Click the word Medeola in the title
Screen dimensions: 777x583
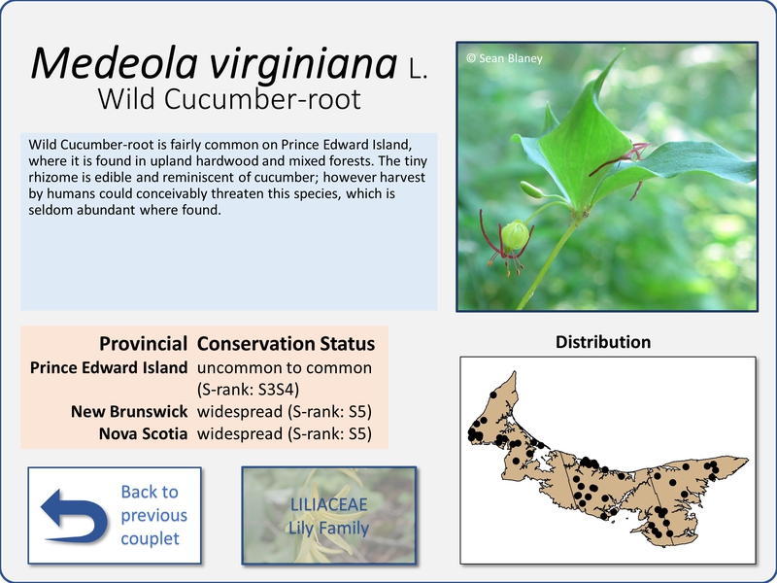click(115, 63)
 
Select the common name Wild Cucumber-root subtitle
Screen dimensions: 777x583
click(229, 99)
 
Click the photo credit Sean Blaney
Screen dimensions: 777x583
click(504, 58)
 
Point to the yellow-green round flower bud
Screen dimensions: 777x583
click(515, 235)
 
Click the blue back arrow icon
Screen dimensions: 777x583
click(75, 516)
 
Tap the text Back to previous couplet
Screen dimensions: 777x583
click(154, 515)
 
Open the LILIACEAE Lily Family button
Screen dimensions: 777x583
click(329, 516)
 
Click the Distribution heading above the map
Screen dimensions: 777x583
click(603, 342)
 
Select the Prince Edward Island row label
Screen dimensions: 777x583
click(109, 367)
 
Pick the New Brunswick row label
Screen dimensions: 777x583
click(129, 411)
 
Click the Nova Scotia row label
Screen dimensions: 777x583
click(143, 433)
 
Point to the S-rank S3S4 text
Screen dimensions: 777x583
click(249, 390)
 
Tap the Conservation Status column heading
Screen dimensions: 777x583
click(286, 344)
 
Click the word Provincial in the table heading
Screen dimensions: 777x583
click(143, 344)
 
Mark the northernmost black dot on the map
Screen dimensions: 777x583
click(492, 394)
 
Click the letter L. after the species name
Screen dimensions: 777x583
click(418, 69)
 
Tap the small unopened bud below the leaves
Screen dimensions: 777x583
click(532, 189)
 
